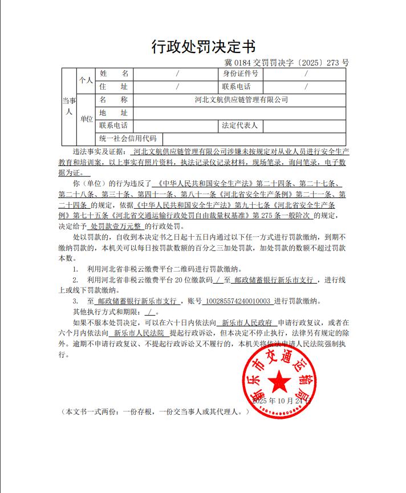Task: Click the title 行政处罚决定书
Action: pyautogui.click(x=203, y=46)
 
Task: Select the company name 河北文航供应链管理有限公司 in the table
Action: pyautogui.click(x=241, y=99)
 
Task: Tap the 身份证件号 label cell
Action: pyautogui.click(x=240, y=74)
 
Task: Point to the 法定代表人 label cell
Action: pyautogui.click(x=240, y=125)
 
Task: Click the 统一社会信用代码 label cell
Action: pyautogui.click(x=128, y=139)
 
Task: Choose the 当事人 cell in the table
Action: pyautogui.click(x=68, y=106)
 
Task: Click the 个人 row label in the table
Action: pyautogui.click(x=86, y=80)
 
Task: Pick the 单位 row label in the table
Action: pyautogui.click(x=86, y=119)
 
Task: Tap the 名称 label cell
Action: pyautogui.click(x=113, y=99)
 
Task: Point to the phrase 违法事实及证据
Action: pyautogui.click(x=98, y=152)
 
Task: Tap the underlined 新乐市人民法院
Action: pyautogui.click(x=139, y=333)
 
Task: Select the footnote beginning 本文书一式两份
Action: pyautogui.click(x=156, y=411)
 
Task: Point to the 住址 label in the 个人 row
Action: pyautogui.click(x=113, y=87)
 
